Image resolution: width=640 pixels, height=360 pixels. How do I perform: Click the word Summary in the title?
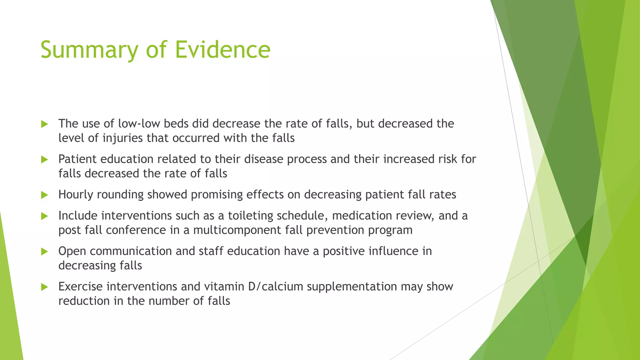coord(89,50)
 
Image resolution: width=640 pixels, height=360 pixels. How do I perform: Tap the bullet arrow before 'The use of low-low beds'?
coord(44,124)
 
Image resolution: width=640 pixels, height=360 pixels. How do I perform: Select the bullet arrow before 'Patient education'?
coord(44,160)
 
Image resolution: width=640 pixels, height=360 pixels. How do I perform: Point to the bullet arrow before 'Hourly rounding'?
coord(44,195)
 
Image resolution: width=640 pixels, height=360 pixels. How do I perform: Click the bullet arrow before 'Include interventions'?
coord(44,216)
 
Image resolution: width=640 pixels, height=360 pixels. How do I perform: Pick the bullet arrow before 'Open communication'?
coord(44,252)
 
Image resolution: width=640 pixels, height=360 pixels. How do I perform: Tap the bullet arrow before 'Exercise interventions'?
coord(44,287)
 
